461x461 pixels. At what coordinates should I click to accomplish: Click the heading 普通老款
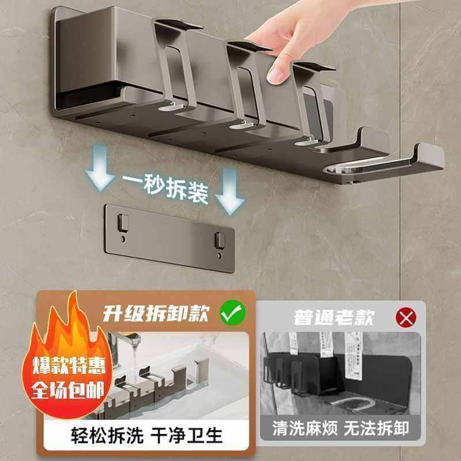click(x=334, y=316)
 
